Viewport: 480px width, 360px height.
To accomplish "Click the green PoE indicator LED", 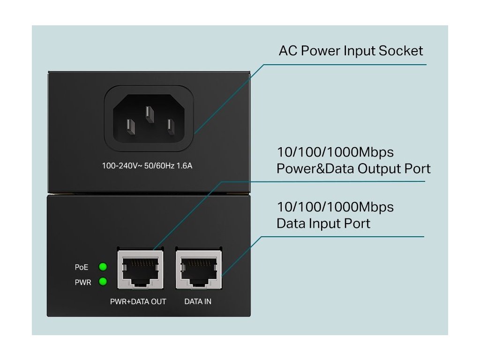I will [x=103, y=267].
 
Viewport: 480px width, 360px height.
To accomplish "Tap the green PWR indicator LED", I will [x=103, y=282].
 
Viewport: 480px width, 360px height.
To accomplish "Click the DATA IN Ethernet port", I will [x=198, y=269].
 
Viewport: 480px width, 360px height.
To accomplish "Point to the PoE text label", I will [x=82, y=267].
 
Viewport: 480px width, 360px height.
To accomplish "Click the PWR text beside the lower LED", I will [x=83, y=283].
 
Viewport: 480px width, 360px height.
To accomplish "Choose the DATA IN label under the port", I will [x=198, y=301].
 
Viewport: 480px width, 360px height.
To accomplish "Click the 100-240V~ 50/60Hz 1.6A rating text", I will [x=147, y=166].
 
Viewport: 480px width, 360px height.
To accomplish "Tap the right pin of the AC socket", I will [x=170, y=127].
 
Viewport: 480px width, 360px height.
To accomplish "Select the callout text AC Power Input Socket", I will [x=351, y=51].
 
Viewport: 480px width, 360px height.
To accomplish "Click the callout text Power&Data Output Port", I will [x=353, y=168].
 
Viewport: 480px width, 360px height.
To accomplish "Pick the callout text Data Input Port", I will [x=323, y=223].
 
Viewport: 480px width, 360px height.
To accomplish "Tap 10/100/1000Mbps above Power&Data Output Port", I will [x=335, y=152].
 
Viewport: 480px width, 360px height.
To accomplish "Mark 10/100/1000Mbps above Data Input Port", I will [x=335, y=207].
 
